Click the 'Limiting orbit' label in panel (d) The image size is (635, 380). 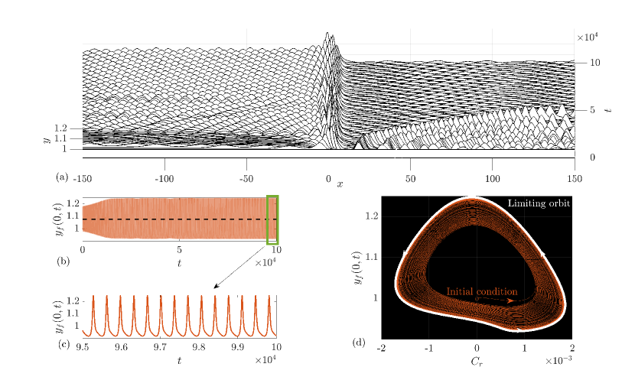click(539, 203)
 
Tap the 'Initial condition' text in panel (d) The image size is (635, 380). click(482, 291)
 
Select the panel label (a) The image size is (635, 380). click(62, 177)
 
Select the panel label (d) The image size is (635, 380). click(359, 343)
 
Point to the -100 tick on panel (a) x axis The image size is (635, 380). click(164, 179)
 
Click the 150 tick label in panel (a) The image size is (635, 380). click(575, 179)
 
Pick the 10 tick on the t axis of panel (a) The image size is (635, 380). click(595, 63)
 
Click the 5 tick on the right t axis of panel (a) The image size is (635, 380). click(592, 110)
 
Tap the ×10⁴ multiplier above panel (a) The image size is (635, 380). click(588, 37)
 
